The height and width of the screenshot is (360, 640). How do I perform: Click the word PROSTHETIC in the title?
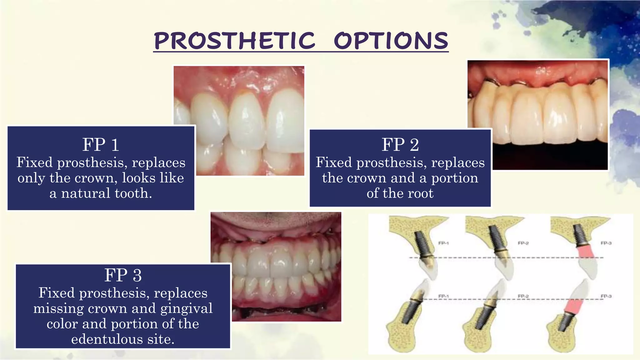tap(234, 41)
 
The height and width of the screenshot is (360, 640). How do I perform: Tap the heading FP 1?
tap(101, 145)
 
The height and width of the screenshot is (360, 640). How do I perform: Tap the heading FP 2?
tap(400, 145)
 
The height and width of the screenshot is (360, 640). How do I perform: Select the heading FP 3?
tap(123, 275)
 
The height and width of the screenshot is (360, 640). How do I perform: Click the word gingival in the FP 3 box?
tap(186, 308)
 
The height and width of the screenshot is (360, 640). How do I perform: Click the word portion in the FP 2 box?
tap(455, 178)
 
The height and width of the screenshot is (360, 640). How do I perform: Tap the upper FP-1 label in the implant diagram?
tap(443, 243)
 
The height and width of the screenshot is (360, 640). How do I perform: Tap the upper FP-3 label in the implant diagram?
tap(606, 243)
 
